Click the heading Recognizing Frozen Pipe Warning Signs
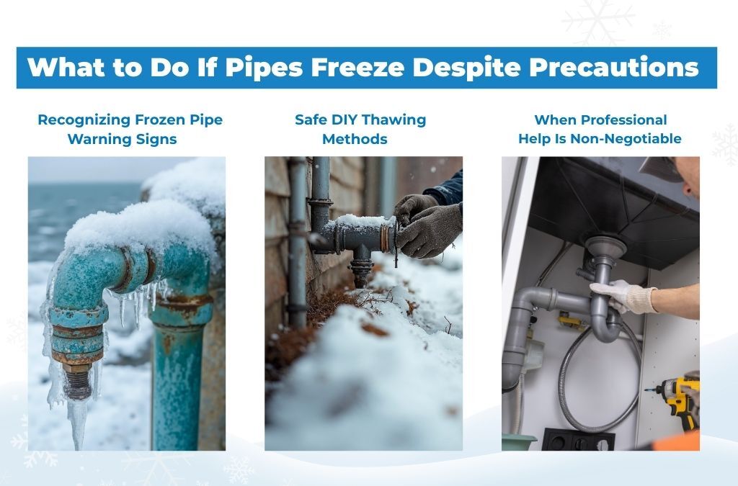point(130,129)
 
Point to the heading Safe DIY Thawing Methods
point(360,129)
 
